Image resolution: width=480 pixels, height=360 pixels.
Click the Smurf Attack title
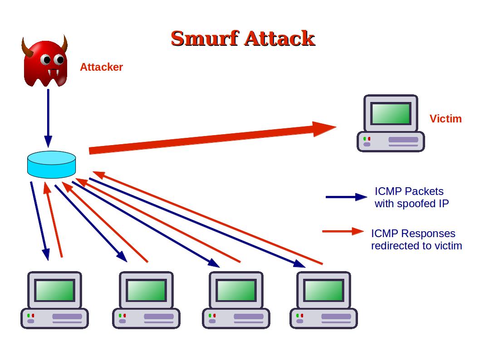(243, 38)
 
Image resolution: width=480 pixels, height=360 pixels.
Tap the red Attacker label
(101, 67)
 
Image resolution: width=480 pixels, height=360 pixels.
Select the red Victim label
(445, 119)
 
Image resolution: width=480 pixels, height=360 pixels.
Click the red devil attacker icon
(45, 63)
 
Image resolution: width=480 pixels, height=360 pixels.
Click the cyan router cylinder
(51, 165)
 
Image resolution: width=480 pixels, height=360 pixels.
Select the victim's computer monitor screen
(391, 113)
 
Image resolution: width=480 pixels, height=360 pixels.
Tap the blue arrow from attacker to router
(48, 118)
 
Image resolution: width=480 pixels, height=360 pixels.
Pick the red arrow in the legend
(343, 232)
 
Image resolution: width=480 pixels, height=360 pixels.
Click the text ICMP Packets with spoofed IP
(411, 197)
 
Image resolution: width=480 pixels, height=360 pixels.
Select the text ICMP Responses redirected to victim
(416, 239)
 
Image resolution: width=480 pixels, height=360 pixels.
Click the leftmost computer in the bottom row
(54, 300)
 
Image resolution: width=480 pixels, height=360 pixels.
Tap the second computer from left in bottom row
(146, 300)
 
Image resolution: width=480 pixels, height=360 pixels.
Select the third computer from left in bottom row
(236, 300)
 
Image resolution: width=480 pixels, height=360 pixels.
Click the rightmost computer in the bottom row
(323, 300)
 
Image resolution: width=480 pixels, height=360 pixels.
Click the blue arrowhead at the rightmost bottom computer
(300, 264)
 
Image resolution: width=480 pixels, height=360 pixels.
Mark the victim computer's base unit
(391, 141)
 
